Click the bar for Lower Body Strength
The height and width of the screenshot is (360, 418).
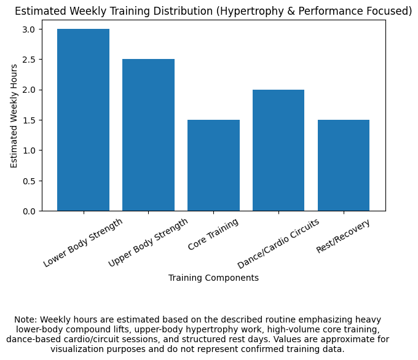pos(83,120)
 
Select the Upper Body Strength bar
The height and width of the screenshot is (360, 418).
pos(148,135)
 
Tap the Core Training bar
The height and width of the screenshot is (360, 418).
pos(213,165)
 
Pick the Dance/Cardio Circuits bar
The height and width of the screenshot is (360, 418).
pos(278,151)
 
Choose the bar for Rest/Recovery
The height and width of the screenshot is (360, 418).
pos(344,165)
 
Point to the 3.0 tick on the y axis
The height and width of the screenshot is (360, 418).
pos(30,29)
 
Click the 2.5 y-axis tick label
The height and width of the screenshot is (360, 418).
pos(30,60)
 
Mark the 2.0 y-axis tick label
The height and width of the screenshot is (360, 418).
pos(30,90)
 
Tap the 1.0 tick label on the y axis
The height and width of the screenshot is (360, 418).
pos(30,151)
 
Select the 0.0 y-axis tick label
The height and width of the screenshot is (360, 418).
pos(30,211)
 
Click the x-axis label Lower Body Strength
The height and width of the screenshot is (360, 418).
pos(83,242)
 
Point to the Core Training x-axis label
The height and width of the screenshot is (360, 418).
pos(213,234)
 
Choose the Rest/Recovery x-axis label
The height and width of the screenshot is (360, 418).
pos(343,236)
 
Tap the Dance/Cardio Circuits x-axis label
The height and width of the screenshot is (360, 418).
pos(278,243)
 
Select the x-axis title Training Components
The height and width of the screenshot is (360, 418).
pos(213,278)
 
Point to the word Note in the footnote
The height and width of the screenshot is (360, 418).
pos(26,320)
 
